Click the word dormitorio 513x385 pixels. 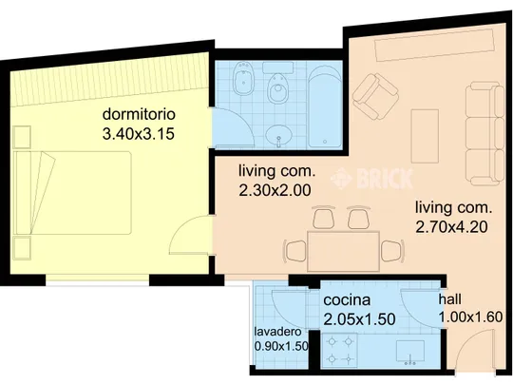(x=139, y=114)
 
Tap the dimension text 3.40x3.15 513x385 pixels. (x=139, y=134)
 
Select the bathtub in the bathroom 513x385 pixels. (x=325, y=107)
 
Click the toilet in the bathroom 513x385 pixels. (x=278, y=87)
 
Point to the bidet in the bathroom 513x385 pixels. (x=242, y=78)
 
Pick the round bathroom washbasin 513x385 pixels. (x=278, y=135)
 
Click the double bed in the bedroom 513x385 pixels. (x=72, y=192)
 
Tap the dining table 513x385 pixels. (x=343, y=251)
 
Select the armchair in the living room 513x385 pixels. (x=376, y=96)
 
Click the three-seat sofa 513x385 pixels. (x=484, y=133)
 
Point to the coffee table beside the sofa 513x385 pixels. (x=425, y=136)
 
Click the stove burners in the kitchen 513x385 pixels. (x=340, y=350)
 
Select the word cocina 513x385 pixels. (x=347, y=299)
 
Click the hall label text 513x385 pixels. (x=450, y=298)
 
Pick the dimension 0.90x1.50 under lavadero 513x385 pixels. (x=281, y=346)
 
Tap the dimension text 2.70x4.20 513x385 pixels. (x=451, y=227)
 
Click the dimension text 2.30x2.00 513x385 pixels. (x=275, y=190)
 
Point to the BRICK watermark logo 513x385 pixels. (x=372, y=179)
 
